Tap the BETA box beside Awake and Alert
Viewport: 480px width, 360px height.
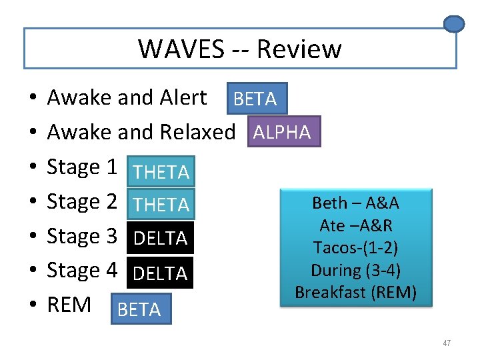point(256,99)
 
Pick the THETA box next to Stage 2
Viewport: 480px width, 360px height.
point(161,205)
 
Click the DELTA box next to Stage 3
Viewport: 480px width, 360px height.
point(161,238)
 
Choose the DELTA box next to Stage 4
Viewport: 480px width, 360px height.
point(161,273)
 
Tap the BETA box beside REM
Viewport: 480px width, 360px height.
point(140,309)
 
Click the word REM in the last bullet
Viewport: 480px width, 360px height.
point(69,305)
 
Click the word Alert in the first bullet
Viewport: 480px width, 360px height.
point(183,98)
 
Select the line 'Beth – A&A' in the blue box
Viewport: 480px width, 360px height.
point(355,203)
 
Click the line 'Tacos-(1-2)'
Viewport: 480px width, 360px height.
point(355,248)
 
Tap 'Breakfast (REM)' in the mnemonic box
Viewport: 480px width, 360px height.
point(355,293)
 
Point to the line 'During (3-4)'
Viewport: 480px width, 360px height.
point(355,270)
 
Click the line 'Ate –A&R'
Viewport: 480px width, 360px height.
point(355,225)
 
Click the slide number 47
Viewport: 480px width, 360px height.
point(446,343)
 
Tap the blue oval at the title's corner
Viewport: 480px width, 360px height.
point(454,25)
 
